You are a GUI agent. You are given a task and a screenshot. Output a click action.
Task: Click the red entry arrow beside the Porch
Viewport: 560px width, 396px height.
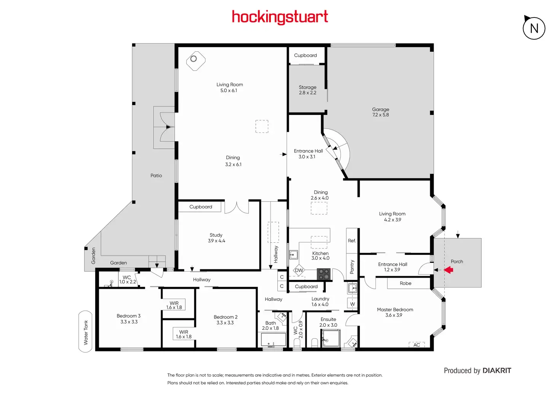449,270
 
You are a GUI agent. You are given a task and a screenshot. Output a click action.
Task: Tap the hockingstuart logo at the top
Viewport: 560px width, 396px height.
280,17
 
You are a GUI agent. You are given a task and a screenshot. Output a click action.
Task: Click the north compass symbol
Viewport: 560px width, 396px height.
534,28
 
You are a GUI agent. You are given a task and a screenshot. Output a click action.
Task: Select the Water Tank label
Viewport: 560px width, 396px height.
86,332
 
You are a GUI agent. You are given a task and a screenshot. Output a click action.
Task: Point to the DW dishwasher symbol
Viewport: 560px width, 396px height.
299,270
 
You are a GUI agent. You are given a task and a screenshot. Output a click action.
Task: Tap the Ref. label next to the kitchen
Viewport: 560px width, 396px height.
352,241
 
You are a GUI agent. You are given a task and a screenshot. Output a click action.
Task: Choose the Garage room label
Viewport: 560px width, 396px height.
380,112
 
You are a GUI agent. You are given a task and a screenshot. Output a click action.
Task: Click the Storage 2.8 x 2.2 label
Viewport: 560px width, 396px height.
307,90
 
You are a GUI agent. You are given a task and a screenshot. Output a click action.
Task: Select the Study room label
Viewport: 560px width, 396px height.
216,238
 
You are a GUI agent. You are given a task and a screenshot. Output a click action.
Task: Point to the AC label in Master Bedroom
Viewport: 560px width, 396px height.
417,345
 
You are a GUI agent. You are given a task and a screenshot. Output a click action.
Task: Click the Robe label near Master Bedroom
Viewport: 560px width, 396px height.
406,283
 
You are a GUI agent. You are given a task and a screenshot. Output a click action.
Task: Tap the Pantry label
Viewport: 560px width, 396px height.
352,267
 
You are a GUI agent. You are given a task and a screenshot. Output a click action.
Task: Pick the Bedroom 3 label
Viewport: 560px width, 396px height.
129,319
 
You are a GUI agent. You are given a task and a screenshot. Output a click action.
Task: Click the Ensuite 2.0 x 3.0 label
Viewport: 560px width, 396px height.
328,322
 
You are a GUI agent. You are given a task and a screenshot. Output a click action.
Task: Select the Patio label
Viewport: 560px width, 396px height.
156,176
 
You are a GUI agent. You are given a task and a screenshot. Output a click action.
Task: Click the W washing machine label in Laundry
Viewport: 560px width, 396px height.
352,304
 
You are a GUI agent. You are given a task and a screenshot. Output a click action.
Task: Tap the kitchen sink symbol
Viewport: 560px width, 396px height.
293,254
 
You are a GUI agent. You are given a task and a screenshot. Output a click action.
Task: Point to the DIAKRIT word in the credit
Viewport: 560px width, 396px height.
497,371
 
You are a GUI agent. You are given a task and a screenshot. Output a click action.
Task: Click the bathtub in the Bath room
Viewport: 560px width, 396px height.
273,339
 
